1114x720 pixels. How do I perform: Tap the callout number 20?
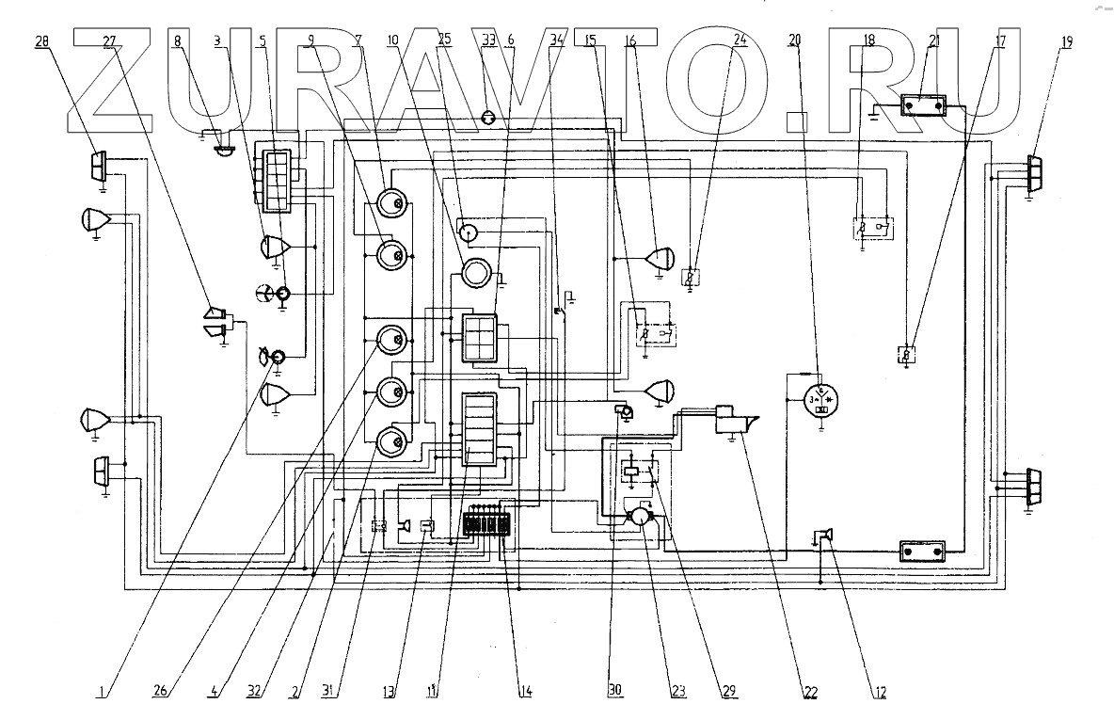click(795, 40)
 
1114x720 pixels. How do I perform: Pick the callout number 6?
click(510, 40)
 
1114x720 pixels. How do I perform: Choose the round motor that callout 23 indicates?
click(640, 517)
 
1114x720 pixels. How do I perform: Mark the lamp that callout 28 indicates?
click(99, 168)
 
